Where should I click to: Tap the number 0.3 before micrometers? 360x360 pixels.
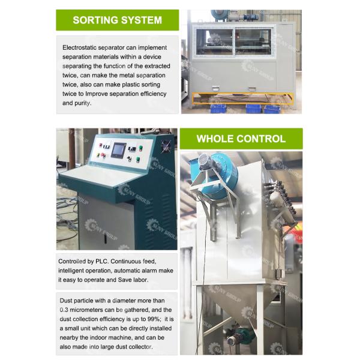coord(64,310)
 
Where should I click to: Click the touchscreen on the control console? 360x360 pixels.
coord(118,150)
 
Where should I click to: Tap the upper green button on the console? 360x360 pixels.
coord(140,148)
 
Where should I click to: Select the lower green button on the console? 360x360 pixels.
coord(138,159)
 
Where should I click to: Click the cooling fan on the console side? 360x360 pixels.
coord(166,146)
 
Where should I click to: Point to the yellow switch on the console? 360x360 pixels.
coord(98,155)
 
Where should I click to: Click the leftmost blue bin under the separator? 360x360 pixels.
coord(218,109)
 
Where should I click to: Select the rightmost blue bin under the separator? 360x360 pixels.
coord(272,109)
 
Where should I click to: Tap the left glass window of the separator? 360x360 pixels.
coord(214,42)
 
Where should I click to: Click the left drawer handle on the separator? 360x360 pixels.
coord(216,88)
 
